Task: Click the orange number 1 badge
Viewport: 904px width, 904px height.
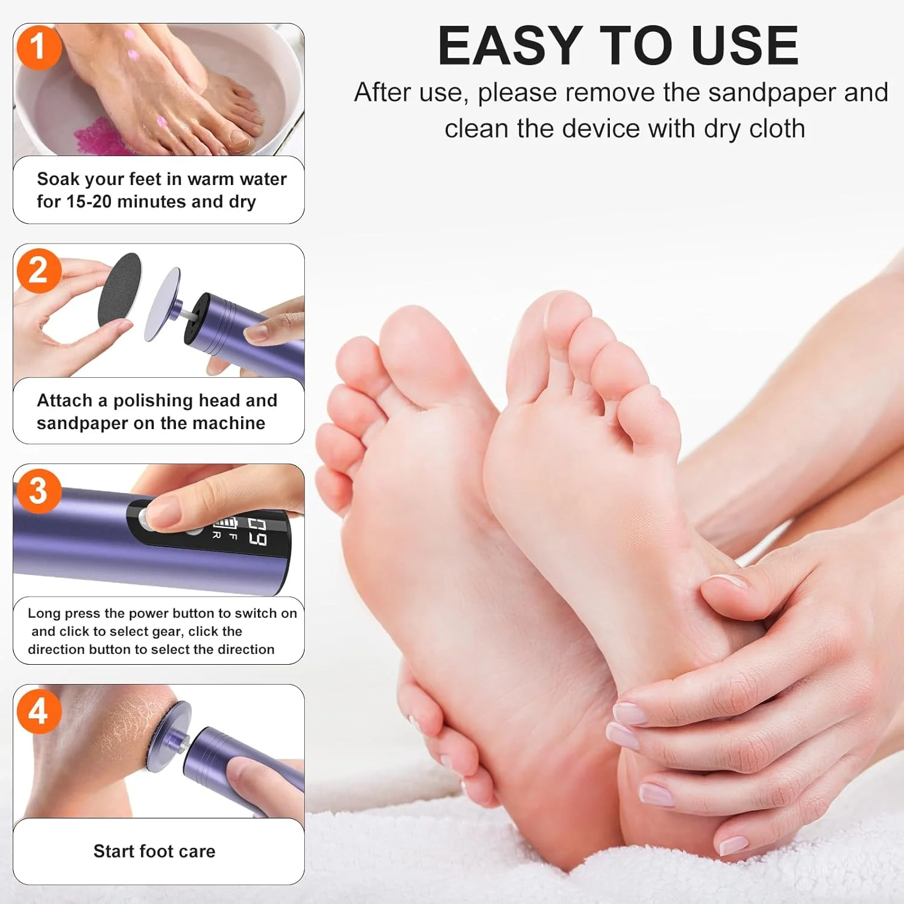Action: pos(39,47)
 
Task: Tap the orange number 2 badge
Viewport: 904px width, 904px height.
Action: pos(39,271)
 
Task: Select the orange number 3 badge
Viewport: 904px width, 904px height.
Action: pos(39,491)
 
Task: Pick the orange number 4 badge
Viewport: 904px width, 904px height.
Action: pos(39,712)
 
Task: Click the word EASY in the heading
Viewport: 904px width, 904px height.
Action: pos(509,46)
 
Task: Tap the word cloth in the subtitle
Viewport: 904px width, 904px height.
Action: pos(777,128)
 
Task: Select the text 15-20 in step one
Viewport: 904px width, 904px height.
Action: pos(89,201)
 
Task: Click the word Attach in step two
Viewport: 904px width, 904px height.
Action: pos(65,400)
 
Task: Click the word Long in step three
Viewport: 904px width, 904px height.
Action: pos(44,614)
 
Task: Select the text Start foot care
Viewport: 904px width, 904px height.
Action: pos(154,851)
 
